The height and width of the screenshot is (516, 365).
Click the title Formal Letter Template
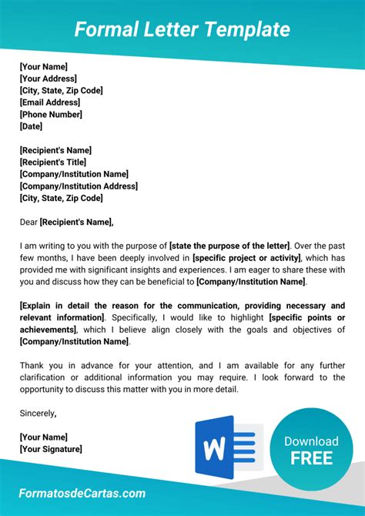[182, 29]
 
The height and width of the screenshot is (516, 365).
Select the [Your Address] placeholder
[48, 79]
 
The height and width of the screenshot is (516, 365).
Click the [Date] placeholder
[31, 126]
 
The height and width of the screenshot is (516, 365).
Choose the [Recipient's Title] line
[52, 162]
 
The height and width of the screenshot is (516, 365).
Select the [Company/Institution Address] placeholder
[79, 186]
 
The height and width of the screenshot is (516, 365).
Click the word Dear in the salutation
[28, 223]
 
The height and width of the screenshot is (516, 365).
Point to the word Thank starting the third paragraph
[32, 366]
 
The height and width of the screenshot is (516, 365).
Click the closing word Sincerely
[37, 414]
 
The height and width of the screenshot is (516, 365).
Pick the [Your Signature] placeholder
[51, 449]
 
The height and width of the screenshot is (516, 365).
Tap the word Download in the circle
[311, 441]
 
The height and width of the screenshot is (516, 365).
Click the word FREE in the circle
[311, 458]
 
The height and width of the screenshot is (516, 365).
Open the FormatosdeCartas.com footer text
[82, 493]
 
